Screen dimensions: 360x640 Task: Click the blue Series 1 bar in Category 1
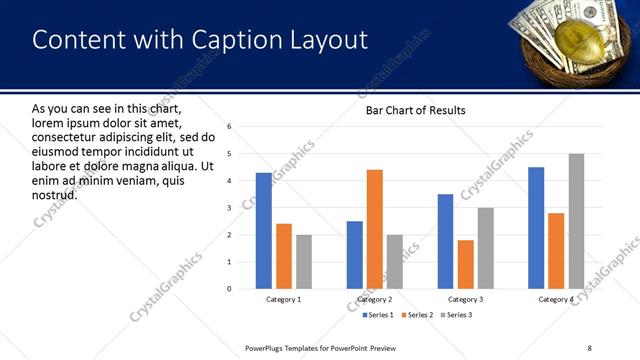[x=264, y=231]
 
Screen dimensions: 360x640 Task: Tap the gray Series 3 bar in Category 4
[x=576, y=221]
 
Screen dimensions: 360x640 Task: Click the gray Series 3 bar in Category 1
[x=304, y=262]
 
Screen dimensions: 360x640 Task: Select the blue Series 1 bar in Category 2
[x=355, y=255]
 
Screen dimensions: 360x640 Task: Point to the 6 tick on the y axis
[x=229, y=127]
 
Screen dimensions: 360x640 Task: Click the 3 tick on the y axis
[x=229, y=208]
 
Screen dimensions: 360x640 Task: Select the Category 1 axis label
[x=284, y=299]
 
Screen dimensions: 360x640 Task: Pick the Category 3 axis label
[x=465, y=299]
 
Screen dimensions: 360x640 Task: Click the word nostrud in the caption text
[x=55, y=193]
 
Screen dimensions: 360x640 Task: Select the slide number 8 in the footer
[x=590, y=348]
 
